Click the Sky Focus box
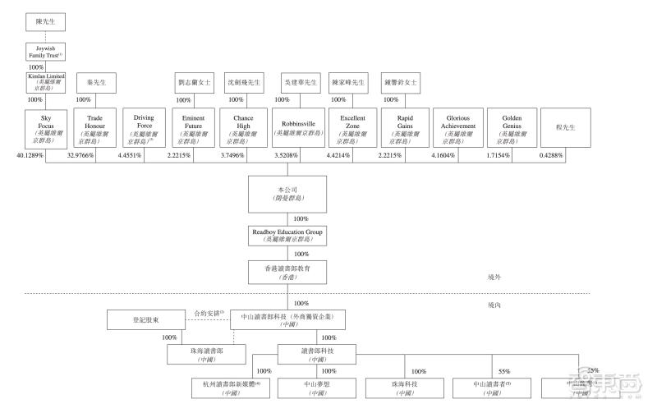click(46, 128)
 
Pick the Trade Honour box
click(94, 128)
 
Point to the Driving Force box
click(144, 128)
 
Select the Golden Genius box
click(512, 128)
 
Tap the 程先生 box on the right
click(566, 128)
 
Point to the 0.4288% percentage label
click(551, 156)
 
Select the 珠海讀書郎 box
click(206, 354)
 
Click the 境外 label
click(494, 278)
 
